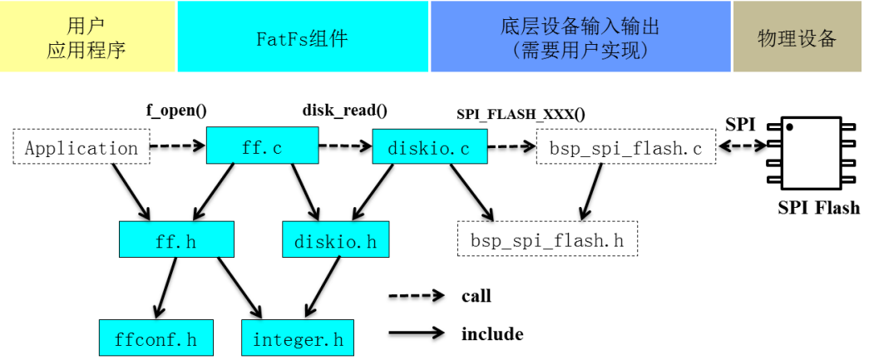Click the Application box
pos(81,148)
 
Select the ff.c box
pos(262,148)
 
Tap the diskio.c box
pos(428,148)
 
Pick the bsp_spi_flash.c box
pos(626,148)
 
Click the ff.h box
pos(175,240)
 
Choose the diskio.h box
pos(336,240)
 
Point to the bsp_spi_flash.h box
pos(547,240)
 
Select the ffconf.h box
pos(156,338)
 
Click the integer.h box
pos(298,338)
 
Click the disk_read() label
pos(344,110)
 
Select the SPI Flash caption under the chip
pos(818,208)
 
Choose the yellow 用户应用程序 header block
pos(86,37)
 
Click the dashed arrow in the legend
pos(417,295)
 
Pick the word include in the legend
pos(492,334)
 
